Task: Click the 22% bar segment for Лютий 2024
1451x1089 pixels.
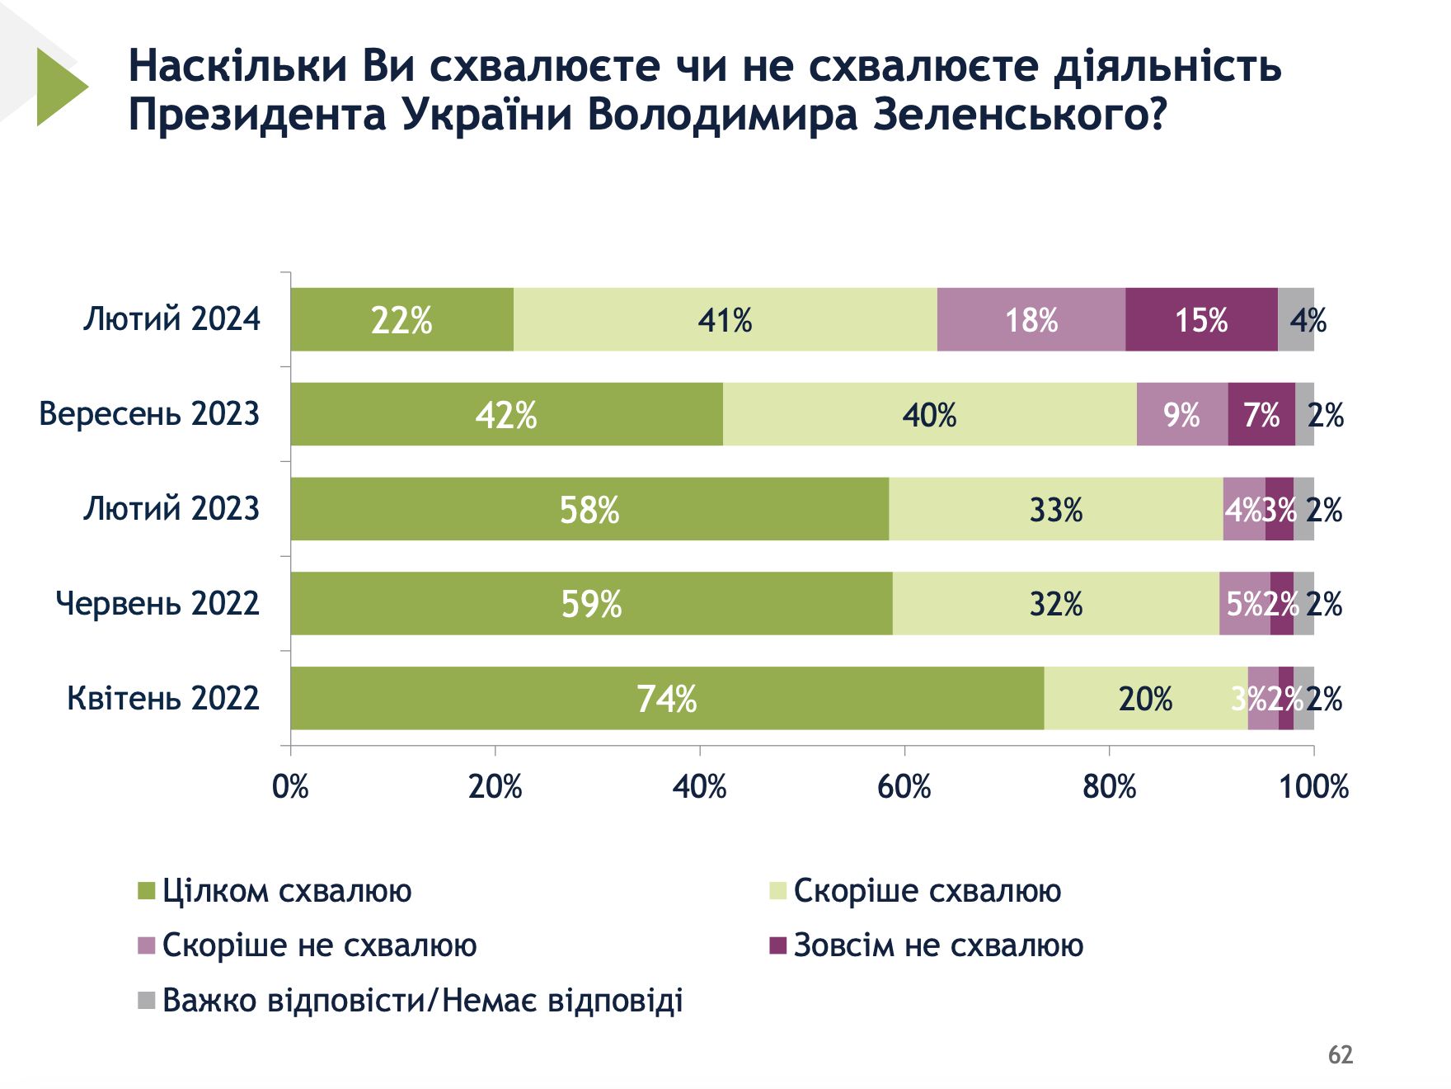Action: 401,319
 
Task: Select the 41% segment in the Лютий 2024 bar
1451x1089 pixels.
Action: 725,319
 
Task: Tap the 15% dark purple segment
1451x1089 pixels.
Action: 1201,319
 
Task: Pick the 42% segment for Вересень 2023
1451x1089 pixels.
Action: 506,414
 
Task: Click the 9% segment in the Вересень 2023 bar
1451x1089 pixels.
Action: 1181,414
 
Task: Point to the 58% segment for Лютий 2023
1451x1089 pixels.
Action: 589,509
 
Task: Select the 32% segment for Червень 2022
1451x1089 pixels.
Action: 1055,604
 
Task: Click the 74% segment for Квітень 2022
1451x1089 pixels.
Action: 667,699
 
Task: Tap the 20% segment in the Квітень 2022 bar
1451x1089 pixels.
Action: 1145,699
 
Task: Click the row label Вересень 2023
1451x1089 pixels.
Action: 149,413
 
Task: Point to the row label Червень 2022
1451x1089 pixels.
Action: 157,603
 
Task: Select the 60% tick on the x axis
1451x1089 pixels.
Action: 904,786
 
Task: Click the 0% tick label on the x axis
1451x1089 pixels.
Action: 290,786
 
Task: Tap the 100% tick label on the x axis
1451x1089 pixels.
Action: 1313,786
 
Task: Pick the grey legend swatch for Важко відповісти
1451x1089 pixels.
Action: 146,1001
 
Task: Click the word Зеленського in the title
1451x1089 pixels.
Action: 1019,115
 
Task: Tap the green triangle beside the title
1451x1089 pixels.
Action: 59,87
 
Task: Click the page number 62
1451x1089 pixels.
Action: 1341,1054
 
